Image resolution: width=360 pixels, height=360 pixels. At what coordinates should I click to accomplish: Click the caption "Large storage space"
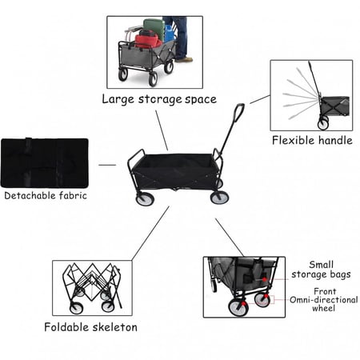point(159,99)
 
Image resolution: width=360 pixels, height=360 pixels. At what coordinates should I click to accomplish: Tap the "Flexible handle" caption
point(312,140)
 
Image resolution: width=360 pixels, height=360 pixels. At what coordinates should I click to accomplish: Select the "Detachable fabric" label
point(46,195)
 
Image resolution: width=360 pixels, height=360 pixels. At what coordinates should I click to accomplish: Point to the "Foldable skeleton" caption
point(90,327)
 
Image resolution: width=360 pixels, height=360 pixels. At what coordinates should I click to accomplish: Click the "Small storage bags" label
point(321,270)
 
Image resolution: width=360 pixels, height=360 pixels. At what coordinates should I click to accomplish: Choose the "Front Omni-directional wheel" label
point(324,300)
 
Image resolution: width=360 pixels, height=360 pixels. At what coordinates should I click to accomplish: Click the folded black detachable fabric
point(45,162)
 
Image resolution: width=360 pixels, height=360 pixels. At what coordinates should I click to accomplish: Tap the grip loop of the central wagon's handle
point(239,113)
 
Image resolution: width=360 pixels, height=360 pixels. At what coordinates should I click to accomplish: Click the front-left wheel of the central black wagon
point(145,198)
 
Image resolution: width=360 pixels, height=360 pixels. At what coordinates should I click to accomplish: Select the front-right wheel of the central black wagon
point(219,198)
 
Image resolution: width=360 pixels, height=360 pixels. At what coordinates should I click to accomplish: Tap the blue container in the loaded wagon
point(170,34)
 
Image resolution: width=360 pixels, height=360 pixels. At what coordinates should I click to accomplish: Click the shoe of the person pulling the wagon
point(184,60)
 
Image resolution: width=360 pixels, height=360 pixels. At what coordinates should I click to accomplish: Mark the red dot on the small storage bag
point(264,279)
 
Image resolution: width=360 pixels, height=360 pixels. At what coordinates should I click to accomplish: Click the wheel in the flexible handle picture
point(323,124)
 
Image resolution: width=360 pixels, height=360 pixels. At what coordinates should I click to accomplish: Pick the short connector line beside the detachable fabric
point(107,165)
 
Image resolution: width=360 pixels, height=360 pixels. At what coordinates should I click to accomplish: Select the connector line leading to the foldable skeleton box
point(150,234)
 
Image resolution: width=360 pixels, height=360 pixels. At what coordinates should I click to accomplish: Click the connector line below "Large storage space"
point(162,130)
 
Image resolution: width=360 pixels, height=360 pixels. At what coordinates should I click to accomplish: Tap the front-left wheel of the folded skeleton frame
point(77,308)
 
